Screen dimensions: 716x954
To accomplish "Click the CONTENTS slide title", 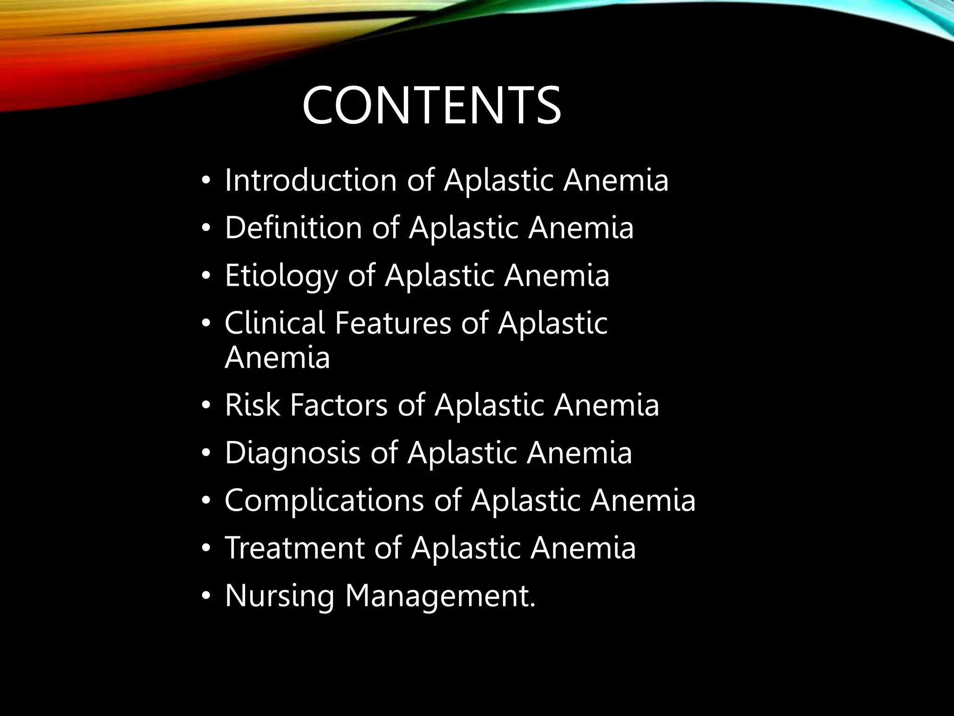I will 431,105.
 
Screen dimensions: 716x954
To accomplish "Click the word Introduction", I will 310,180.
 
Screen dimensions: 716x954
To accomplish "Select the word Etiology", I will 281,276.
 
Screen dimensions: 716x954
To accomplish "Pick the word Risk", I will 252,405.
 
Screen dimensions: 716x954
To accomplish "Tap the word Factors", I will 339,405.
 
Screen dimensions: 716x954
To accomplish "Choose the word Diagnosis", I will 293,453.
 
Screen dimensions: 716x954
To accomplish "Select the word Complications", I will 324,500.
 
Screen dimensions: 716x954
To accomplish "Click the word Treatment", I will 294,548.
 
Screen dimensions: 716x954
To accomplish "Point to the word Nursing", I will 279,596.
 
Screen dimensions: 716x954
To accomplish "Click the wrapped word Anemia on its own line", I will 277,358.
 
